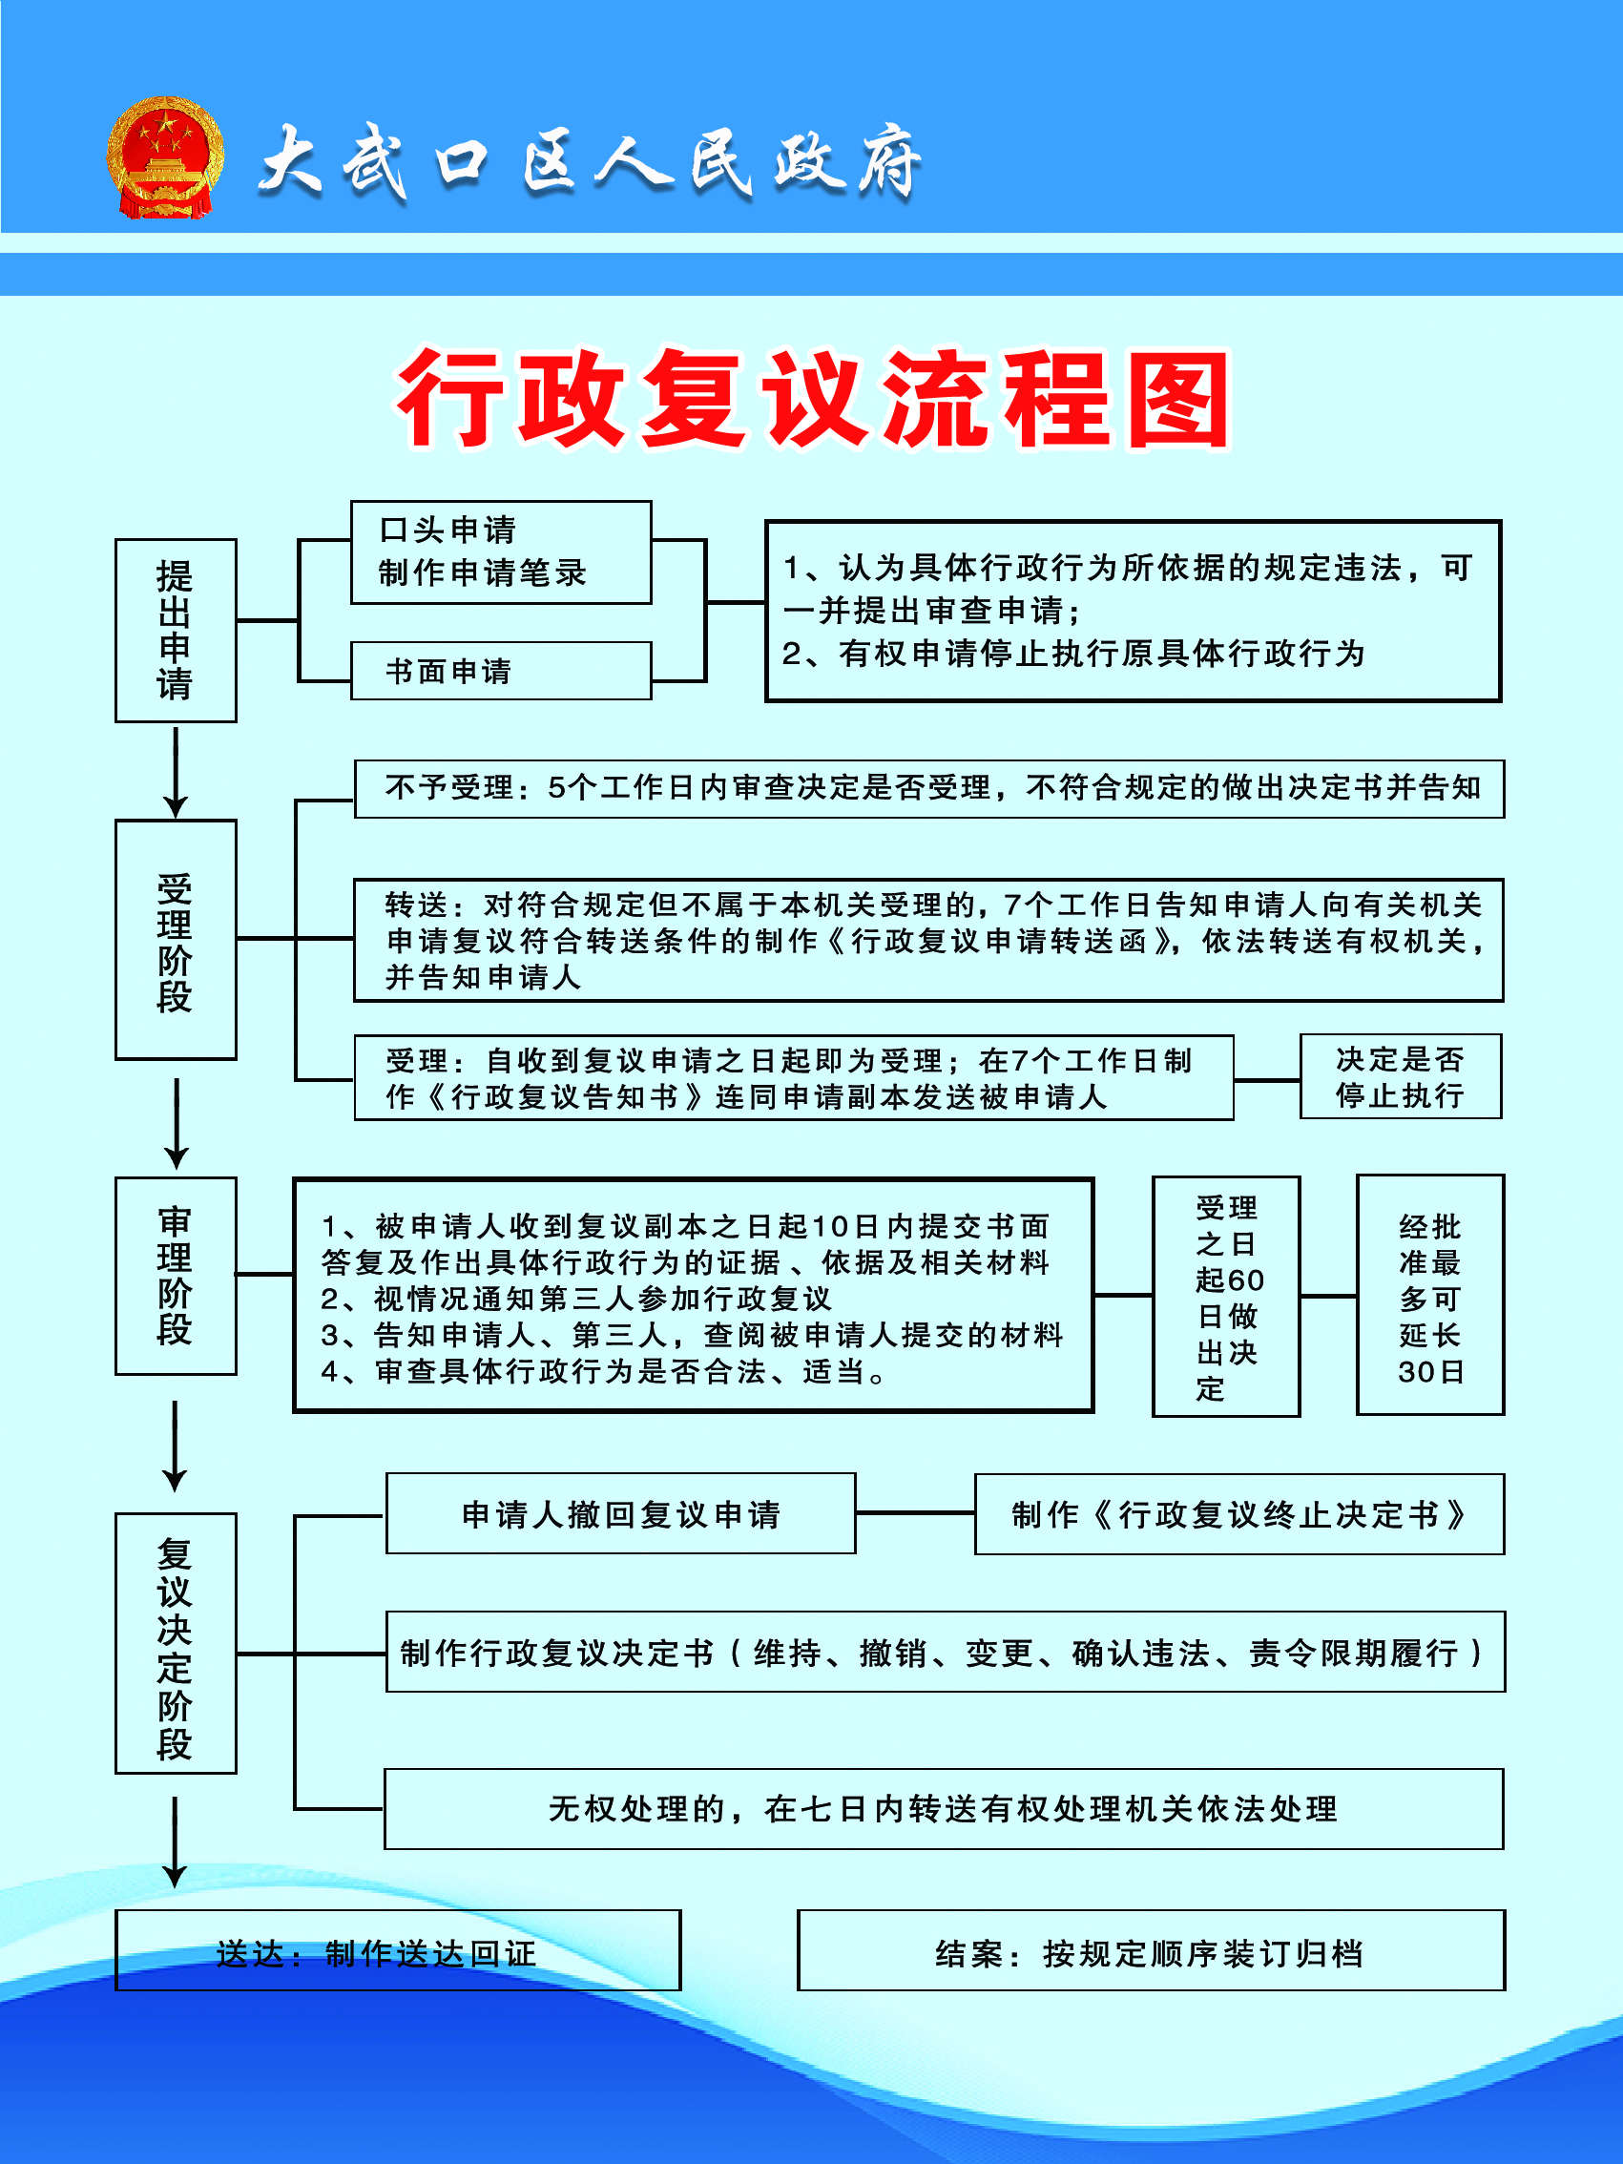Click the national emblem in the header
tap(165, 156)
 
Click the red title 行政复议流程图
tap(812, 400)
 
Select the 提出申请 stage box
tap(177, 630)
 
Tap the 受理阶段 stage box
tap(177, 939)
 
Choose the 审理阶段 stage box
tap(177, 1276)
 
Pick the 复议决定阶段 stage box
tap(177, 1644)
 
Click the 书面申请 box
tap(501, 671)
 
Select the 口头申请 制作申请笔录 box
tap(501, 552)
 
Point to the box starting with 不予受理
tap(929, 788)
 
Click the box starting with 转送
tap(929, 940)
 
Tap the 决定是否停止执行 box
tap(1401, 1076)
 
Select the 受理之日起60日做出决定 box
tap(1227, 1297)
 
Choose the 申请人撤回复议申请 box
tap(621, 1513)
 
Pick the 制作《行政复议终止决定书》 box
tap(1239, 1514)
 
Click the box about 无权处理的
tap(944, 1809)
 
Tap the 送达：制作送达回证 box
tap(398, 1950)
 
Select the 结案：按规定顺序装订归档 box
tap(1152, 1950)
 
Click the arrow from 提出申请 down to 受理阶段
tap(176, 773)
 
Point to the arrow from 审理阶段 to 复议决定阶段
tap(176, 1446)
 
